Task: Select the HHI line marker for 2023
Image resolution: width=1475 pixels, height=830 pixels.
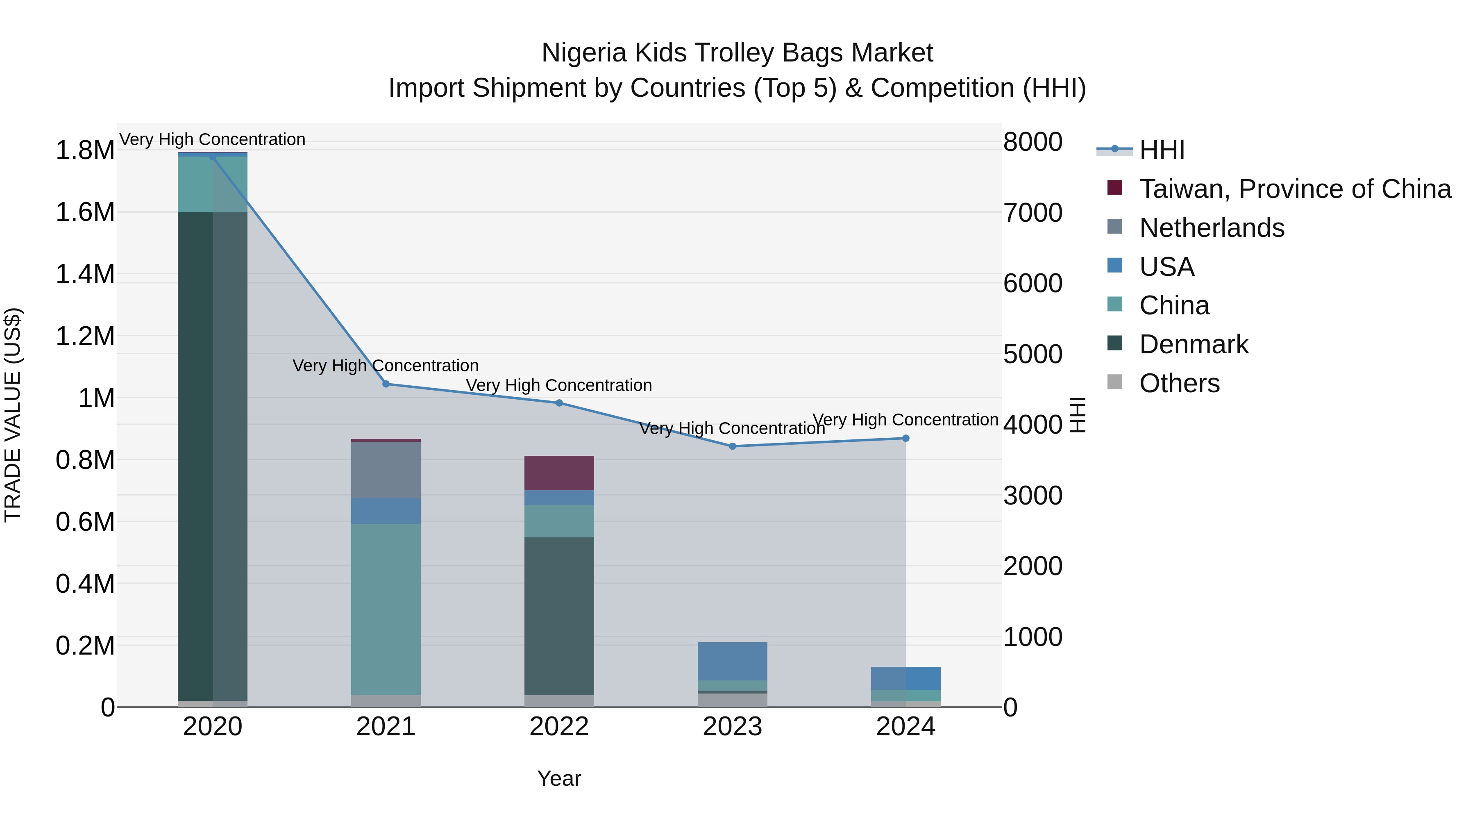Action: (732, 446)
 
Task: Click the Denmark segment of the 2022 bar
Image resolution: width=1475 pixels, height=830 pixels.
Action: (559, 616)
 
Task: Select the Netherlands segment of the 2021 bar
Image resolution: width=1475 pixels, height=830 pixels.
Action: (386, 470)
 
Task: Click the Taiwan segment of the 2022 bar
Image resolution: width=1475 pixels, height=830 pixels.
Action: (559, 473)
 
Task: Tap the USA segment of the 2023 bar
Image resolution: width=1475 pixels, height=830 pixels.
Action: (732, 661)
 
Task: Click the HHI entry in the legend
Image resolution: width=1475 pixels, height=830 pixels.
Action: (1161, 150)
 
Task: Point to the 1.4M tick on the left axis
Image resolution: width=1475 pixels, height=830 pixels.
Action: (85, 274)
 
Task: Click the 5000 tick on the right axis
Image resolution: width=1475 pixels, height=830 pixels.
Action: (1032, 354)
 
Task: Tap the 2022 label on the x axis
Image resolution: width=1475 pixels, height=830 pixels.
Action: (559, 727)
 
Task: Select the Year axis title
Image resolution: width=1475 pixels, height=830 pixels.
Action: (559, 778)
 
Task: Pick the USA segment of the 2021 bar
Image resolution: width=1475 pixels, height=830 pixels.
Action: (386, 510)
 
